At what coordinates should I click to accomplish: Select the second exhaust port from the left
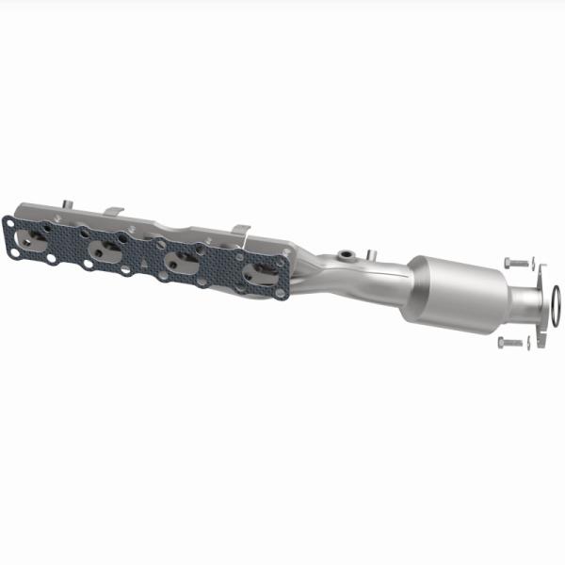pyautogui.click(x=106, y=250)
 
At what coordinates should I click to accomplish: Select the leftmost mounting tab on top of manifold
pyautogui.click(x=66, y=204)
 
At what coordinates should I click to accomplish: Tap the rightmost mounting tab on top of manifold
pyautogui.click(x=240, y=231)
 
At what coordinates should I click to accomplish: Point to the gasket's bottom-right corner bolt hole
pyautogui.click(x=281, y=294)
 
